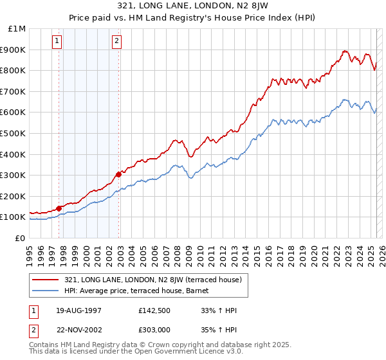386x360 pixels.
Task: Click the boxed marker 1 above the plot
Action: point(57,42)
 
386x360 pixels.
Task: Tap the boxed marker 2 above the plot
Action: point(116,42)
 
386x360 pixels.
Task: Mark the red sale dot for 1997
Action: point(59,208)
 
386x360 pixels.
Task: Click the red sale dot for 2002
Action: point(119,174)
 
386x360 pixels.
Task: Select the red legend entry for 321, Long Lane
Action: point(152,280)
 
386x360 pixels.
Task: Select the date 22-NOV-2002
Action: point(79,329)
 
